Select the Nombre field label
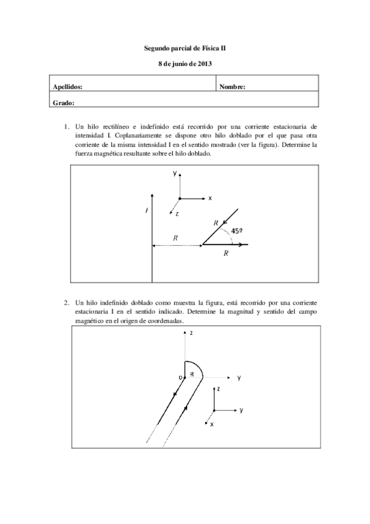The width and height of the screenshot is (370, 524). point(232,87)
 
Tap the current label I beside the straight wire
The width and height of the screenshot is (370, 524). point(146,211)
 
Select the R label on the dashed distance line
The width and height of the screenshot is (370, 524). point(176,237)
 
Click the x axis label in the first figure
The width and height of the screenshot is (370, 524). point(210,198)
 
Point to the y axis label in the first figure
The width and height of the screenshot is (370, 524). point(175,174)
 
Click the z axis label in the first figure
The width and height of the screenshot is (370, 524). point(177,213)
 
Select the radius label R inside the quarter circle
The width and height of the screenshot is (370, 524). point(191,374)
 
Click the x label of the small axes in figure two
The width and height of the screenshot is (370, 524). point(211,425)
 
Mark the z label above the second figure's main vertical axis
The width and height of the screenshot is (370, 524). point(193,333)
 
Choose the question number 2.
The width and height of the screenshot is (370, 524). point(66,303)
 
